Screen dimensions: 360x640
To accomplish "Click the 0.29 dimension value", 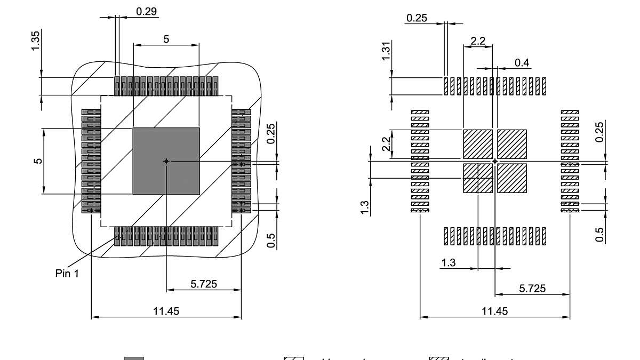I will pyautogui.click(x=147, y=11).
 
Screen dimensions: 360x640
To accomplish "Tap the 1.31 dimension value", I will pyautogui.click(x=386, y=51).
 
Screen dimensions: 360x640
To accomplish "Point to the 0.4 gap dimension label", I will pyautogui.click(x=522, y=63).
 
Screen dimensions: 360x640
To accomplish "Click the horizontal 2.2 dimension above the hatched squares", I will pyautogui.click(x=478, y=41).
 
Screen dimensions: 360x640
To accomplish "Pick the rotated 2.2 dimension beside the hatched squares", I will pyautogui.click(x=387, y=143).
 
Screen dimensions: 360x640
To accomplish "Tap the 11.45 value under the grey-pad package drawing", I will pyautogui.click(x=166, y=311).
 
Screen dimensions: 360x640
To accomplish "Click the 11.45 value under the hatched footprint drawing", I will pyautogui.click(x=495, y=311).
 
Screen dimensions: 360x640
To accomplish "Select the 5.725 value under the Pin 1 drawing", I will pyautogui.click(x=204, y=284).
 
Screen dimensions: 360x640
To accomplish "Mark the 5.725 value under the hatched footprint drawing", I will pyautogui.click(x=532, y=289).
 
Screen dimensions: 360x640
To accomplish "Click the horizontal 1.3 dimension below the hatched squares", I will pyautogui.click(x=449, y=262).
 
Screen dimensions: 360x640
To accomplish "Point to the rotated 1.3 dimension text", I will pyautogui.click(x=365, y=207).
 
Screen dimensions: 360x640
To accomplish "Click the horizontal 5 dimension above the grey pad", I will pyautogui.click(x=166, y=39).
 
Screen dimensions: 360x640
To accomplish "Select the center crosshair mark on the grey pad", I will pyautogui.click(x=166, y=161).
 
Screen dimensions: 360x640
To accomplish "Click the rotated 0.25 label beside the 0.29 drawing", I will pyautogui.click(x=271, y=133).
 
